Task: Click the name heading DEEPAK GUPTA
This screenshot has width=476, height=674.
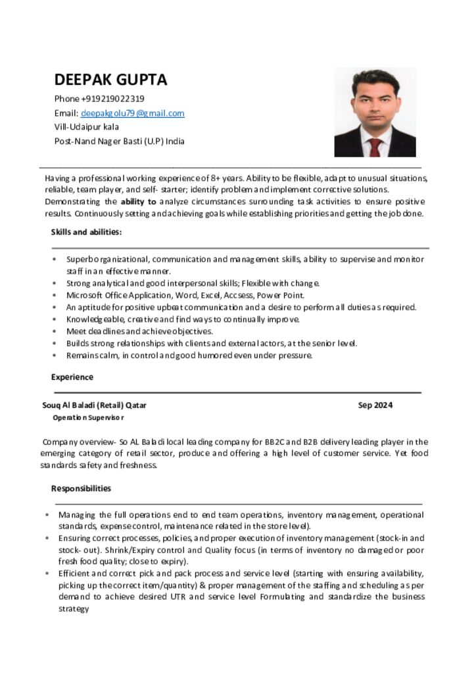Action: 110,80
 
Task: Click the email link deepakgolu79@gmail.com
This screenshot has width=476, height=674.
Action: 132,113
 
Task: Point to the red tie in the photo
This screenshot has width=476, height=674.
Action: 375,146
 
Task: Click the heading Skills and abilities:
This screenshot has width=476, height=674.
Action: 86,232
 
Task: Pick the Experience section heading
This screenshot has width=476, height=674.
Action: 72,377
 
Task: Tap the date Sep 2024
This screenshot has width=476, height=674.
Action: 375,405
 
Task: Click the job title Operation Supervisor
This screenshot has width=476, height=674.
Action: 88,418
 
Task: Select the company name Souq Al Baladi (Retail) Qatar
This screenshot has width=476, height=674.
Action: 94,405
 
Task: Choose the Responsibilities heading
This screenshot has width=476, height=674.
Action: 81,488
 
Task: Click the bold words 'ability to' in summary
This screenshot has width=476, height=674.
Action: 138,201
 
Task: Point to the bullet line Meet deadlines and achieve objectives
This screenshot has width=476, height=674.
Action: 139,331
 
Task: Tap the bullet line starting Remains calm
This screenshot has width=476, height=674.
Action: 189,355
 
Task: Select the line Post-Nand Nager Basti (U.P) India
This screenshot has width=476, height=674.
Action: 119,141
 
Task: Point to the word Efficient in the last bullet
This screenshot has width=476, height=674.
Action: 74,573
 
